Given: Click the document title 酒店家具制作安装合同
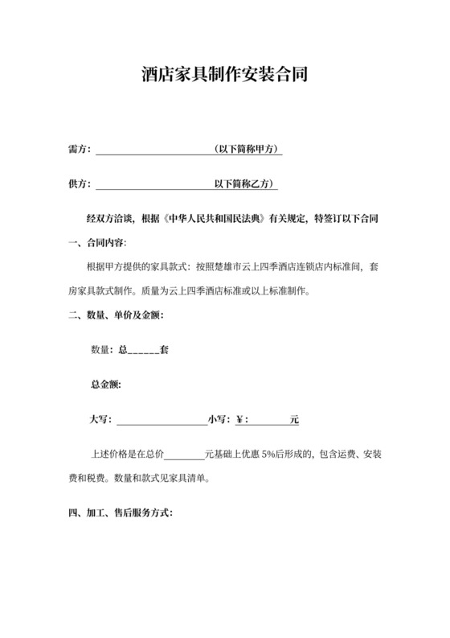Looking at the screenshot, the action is [225, 76].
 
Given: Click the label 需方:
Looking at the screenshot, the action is [80, 150].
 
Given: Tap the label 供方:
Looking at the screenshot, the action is [80, 183].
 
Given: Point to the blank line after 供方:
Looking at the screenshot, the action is [153, 185].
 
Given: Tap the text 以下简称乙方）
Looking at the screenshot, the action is [246, 183].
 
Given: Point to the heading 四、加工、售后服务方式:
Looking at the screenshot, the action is [121, 512].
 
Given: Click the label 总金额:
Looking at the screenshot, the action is [106, 385].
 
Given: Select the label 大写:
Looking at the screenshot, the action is [102, 419].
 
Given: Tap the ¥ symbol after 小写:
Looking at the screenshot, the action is [240, 419].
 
